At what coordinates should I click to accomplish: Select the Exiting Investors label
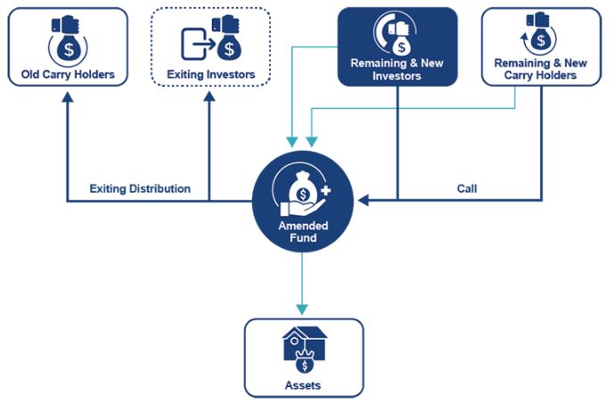point(210,74)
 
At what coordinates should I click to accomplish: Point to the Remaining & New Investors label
point(397,70)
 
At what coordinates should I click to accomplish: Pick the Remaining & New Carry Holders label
point(542,70)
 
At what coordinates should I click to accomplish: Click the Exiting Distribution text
point(140,189)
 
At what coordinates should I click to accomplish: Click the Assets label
point(303,385)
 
